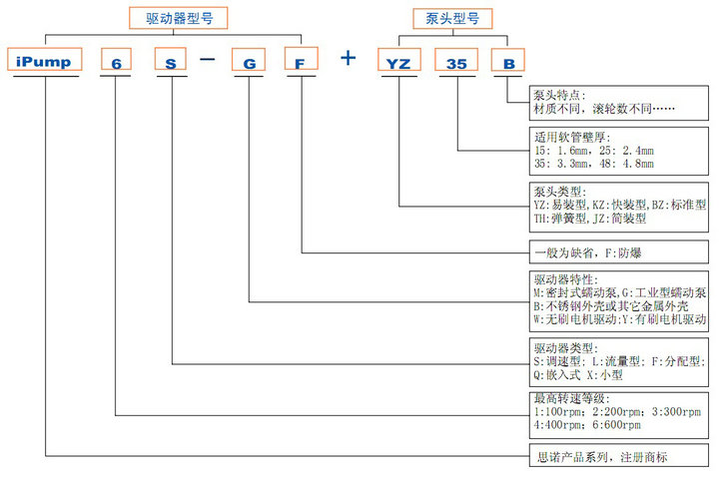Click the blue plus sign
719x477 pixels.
pos(348,58)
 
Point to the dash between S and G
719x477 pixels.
pos(208,59)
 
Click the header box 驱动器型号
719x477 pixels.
pos(179,18)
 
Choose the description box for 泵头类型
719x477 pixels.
pos(618,204)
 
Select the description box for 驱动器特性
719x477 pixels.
pos(618,300)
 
